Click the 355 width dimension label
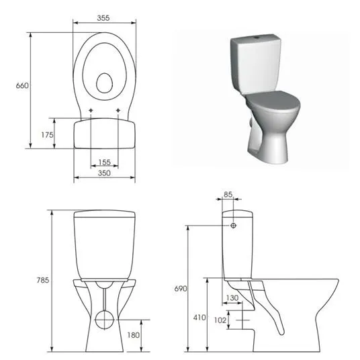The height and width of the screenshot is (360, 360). click(x=103, y=18)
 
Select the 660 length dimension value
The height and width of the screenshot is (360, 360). click(x=22, y=86)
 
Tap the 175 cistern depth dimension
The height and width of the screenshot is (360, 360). click(x=47, y=135)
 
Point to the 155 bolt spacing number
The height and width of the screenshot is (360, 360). click(x=105, y=163)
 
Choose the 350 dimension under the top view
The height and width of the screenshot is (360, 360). click(x=104, y=173)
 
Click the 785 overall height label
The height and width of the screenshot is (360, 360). click(x=43, y=280)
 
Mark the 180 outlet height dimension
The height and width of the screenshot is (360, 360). click(x=134, y=335)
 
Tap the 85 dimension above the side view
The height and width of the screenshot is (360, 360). click(x=228, y=195)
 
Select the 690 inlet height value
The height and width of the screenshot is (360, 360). click(x=181, y=289)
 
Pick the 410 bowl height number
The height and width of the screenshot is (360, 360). click(x=199, y=318)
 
